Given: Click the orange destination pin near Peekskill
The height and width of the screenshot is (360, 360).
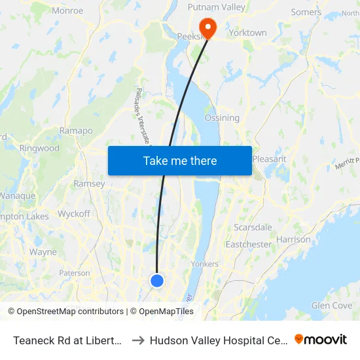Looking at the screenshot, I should point(207,27).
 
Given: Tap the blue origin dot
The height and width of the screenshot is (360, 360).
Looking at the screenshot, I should point(157,280).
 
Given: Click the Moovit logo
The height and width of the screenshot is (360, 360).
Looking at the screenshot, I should point(321,340).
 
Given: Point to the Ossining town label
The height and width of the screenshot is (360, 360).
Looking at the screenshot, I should point(222,118).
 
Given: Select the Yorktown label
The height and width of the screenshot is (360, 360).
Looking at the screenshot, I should point(247,32).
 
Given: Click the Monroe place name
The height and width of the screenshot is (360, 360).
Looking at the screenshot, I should point(67,10).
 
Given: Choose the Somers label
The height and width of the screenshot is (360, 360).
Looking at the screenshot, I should point(306,12).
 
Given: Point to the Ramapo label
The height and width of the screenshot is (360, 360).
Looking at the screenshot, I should point(76,131).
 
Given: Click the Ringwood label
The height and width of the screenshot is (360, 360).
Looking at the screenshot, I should point(39,148).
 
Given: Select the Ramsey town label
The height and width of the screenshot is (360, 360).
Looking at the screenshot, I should point(89,184).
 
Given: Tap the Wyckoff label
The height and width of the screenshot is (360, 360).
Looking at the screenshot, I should point(74,214).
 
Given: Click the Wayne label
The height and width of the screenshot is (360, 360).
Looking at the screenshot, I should point(43,251).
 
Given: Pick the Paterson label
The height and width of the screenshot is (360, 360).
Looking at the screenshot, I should point(75,273).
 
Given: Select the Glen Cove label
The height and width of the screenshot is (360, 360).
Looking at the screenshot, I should point(332,305).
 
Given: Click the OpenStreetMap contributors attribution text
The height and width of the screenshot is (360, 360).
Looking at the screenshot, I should point(65,312).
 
